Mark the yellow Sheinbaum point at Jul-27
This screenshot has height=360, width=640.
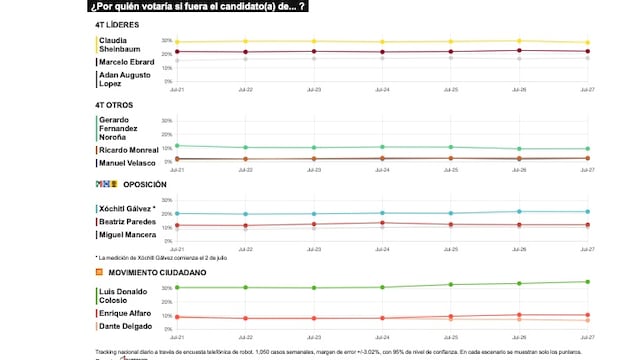pyautogui.click(x=587, y=43)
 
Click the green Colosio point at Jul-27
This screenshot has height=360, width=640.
pyautogui.click(x=587, y=282)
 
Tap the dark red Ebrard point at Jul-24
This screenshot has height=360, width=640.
pyautogui.click(x=382, y=52)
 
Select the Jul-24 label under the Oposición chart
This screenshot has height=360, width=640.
pyautogui.click(x=382, y=248)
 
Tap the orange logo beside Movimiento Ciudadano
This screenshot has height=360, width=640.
pyautogui.click(x=99, y=271)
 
